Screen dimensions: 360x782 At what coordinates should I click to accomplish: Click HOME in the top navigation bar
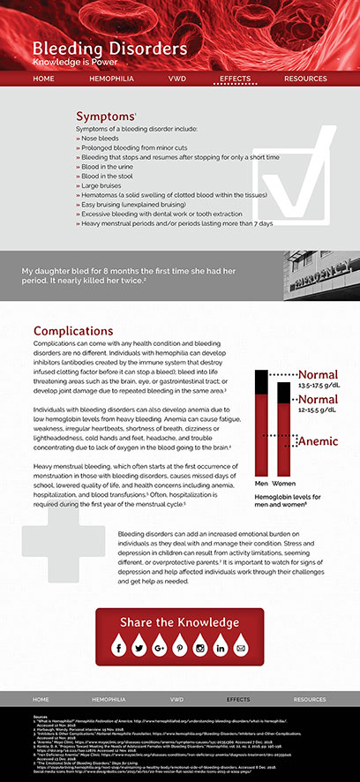pyautogui.click(x=43, y=79)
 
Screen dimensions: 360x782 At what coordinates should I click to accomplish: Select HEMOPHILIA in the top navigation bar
pyautogui.click(x=111, y=79)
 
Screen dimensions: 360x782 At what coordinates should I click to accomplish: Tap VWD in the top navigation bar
pyautogui.click(x=176, y=79)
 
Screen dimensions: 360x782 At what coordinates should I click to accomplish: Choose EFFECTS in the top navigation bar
pyautogui.click(x=236, y=79)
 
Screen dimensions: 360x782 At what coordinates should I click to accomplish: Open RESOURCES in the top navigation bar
pyautogui.click(x=304, y=79)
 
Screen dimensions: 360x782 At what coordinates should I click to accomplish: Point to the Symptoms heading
pyautogui.click(x=105, y=117)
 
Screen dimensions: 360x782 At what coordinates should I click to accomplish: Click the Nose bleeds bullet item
pyautogui.click(x=100, y=139)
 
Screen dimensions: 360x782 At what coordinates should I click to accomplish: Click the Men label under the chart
pyautogui.click(x=261, y=484)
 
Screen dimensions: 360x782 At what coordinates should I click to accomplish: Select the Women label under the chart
pyautogui.click(x=283, y=484)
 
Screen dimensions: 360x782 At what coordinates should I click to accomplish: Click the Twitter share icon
pyautogui.click(x=139, y=649)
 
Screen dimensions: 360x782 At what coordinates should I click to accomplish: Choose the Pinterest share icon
pyautogui.click(x=179, y=649)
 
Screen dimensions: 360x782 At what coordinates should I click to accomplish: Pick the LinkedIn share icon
pyautogui.click(x=220, y=649)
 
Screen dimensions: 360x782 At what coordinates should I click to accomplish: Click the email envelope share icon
pyautogui.click(x=240, y=649)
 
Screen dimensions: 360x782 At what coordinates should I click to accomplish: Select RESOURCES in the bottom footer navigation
pyautogui.click(x=310, y=698)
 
